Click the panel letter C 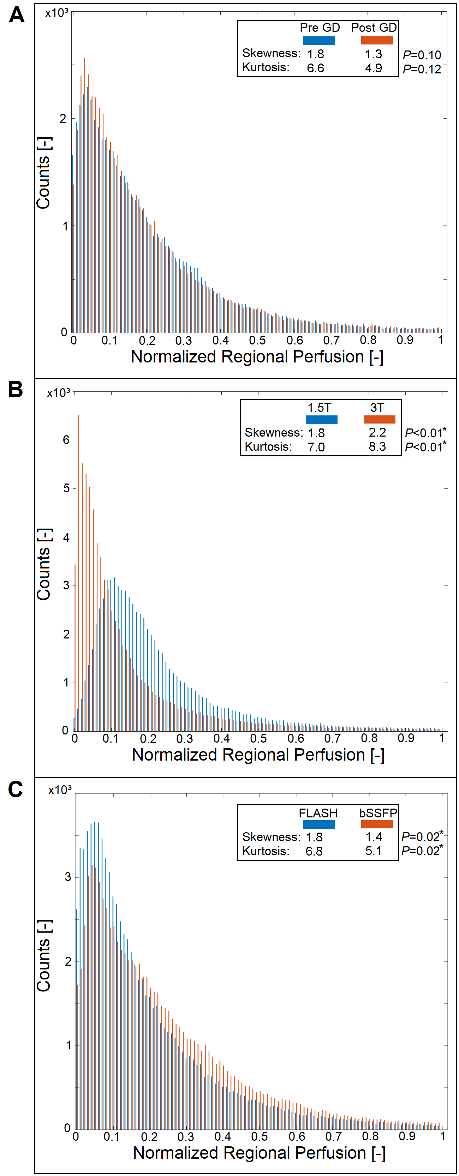16,789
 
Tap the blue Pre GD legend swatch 319,41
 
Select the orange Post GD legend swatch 377,41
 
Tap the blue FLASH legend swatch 319,824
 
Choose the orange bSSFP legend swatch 377,824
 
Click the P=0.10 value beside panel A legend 422,55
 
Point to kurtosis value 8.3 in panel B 377,446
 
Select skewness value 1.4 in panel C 374,837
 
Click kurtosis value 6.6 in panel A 315,68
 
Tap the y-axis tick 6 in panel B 66,440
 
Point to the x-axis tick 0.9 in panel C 406,1136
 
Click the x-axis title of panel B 258,755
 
